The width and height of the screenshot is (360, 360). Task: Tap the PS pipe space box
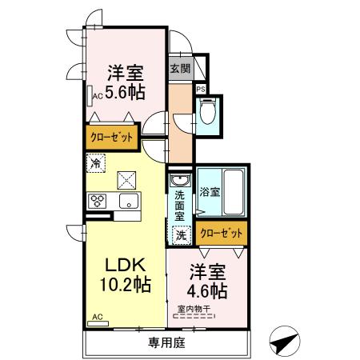[x=201, y=89]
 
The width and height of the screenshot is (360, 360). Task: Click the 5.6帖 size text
[x=126, y=92]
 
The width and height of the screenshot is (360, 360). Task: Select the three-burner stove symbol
[x=100, y=201]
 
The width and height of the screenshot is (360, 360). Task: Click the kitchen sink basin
[x=128, y=202]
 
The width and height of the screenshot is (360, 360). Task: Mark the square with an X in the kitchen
[x=127, y=179]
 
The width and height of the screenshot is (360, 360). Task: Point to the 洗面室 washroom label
[x=180, y=205]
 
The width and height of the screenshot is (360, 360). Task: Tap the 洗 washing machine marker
[x=181, y=235]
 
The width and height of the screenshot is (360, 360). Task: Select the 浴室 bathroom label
[x=210, y=192]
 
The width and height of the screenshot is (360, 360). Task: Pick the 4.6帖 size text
[x=206, y=289]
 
